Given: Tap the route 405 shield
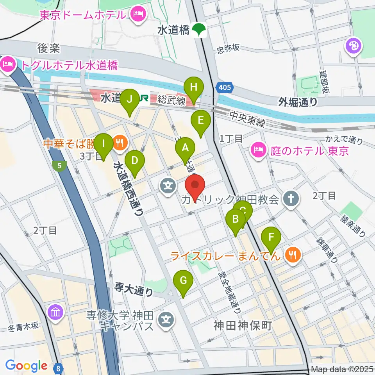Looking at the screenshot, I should click(225, 88).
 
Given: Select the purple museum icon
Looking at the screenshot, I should click(55, 312).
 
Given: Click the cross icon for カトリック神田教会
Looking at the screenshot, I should click(291, 199).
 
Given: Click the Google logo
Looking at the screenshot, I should click(26, 366).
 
